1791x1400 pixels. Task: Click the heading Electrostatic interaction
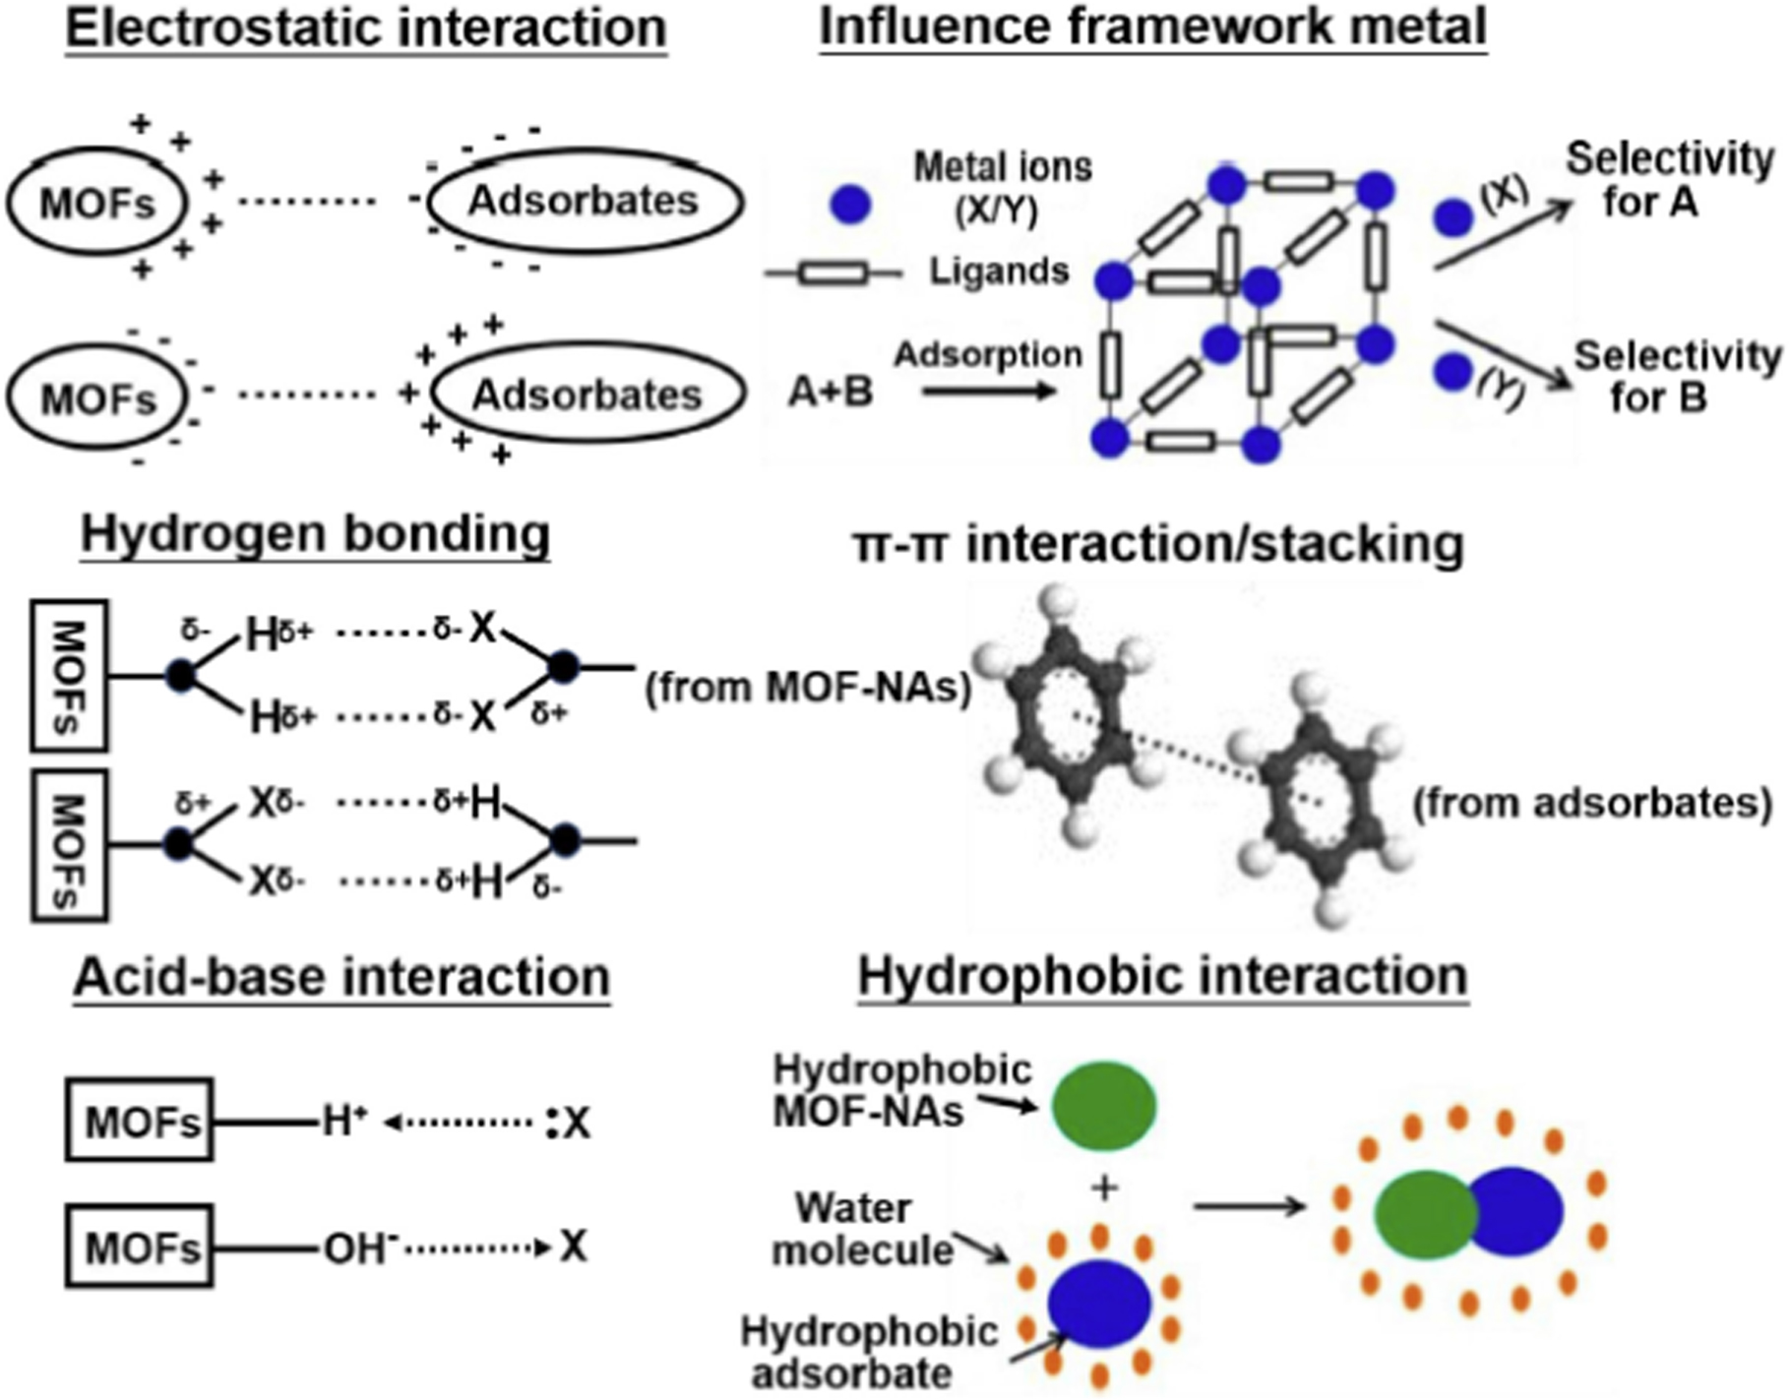click(x=366, y=28)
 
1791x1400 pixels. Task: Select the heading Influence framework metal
click(x=1152, y=27)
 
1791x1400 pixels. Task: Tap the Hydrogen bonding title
click(x=315, y=534)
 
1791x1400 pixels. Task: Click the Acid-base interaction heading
click(x=341, y=977)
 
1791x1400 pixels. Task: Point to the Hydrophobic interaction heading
click(x=1163, y=977)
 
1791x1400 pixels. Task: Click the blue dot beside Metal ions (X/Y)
click(x=850, y=205)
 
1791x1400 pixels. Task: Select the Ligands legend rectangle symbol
click(x=833, y=273)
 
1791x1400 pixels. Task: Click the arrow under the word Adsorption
click(x=989, y=391)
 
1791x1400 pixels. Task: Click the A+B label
click(x=831, y=393)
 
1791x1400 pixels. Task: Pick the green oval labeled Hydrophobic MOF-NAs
click(x=1103, y=1104)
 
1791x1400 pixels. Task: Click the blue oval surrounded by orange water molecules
click(x=1099, y=1304)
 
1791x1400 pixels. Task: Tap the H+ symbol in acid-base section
click(x=344, y=1122)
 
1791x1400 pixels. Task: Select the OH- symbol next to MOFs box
click(x=360, y=1249)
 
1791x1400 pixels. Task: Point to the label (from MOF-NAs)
click(x=807, y=688)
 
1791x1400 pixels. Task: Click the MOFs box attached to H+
click(x=140, y=1122)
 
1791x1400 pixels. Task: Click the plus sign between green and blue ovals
click(x=1104, y=1188)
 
